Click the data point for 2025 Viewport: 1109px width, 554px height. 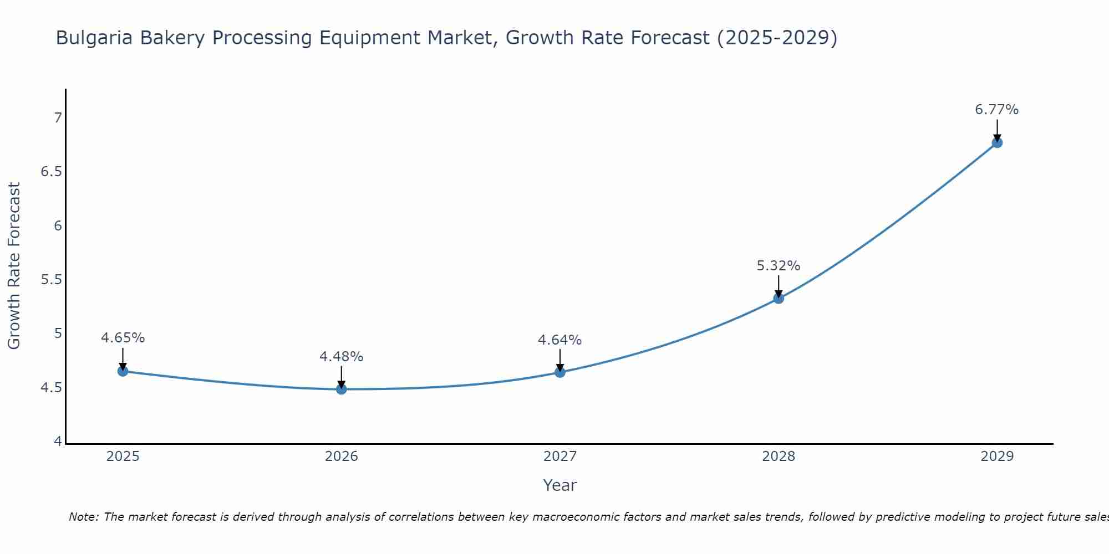[x=123, y=371]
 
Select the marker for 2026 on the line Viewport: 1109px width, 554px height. [x=342, y=389]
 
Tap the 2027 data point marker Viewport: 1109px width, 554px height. [x=560, y=372]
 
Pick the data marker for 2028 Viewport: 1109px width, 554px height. [x=779, y=299]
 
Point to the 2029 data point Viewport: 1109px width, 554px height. [x=997, y=142]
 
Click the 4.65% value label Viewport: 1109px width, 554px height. [x=123, y=338]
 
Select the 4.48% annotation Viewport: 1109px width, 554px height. [x=342, y=357]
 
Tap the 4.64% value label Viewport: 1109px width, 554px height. [x=560, y=340]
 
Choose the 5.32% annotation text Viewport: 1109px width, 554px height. [x=779, y=266]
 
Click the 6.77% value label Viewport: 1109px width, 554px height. [x=997, y=110]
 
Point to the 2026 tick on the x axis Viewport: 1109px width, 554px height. [x=342, y=456]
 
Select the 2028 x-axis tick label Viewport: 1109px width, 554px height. [x=779, y=456]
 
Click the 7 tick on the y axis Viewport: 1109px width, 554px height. [x=58, y=117]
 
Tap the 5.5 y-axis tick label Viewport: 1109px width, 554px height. [x=52, y=279]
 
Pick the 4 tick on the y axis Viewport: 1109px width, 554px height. [x=58, y=442]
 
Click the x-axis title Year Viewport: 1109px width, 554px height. [x=560, y=485]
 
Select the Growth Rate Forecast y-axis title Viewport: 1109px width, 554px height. [x=14, y=266]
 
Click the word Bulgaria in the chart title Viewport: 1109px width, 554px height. [x=94, y=38]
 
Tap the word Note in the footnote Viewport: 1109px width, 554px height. [x=83, y=517]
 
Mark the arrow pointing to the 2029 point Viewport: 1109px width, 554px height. [x=997, y=130]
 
